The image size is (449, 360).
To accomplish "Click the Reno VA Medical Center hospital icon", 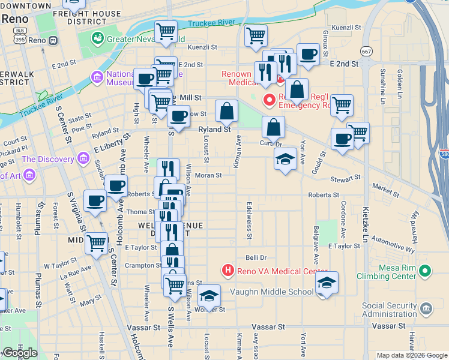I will click(x=228, y=271).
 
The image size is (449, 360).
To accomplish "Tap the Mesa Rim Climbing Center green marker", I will click(x=426, y=272).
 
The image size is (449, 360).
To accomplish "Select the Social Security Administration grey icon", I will click(x=426, y=310).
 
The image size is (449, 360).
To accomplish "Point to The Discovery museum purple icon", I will click(x=83, y=159).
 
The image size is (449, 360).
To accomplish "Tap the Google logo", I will click(x=19, y=353).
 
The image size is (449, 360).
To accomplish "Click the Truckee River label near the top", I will click(x=211, y=23).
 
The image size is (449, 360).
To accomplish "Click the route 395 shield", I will click(x=20, y=40).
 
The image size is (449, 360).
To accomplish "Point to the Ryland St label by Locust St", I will click(x=215, y=129).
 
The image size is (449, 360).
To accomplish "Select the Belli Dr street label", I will click(x=256, y=257).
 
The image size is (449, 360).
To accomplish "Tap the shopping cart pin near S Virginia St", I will click(x=97, y=243).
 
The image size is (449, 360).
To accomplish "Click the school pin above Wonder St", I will click(x=209, y=295).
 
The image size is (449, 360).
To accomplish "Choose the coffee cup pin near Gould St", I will click(x=342, y=139).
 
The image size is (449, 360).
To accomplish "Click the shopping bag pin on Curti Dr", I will click(x=273, y=127).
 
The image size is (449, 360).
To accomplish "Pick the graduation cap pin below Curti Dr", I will click(x=286, y=159).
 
